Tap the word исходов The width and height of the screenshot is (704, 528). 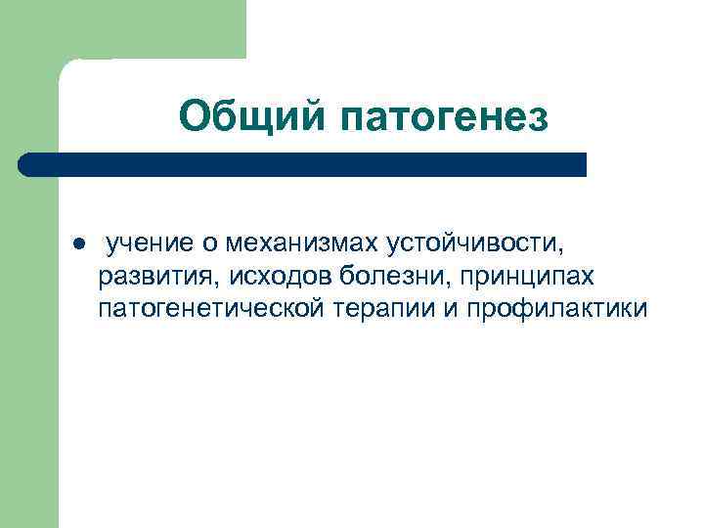pos(242,276)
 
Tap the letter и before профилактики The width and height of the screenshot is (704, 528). pos(451,311)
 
